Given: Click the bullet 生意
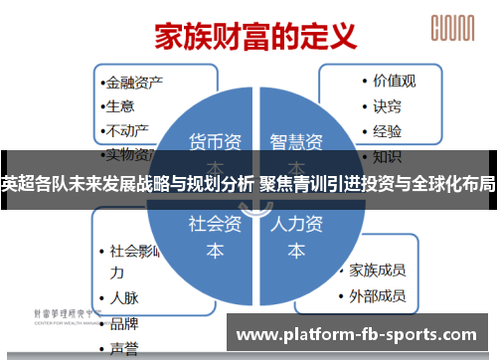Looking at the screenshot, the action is pos(121,106).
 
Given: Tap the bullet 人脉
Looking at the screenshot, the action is pos(124,297).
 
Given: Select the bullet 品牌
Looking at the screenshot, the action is pos(124,323).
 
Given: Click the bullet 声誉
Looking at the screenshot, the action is pos(124,348).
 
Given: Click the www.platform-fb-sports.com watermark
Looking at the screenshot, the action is pos(362,332).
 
